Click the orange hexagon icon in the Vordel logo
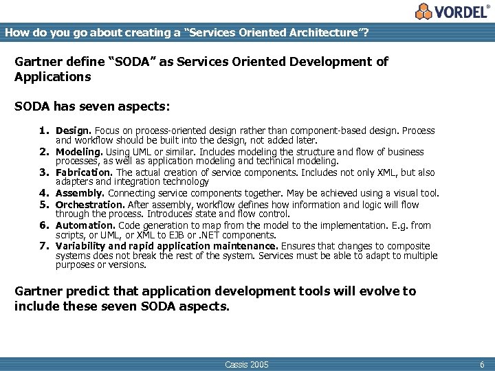(x=425, y=11)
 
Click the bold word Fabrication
(x=84, y=172)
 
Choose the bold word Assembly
(x=80, y=194)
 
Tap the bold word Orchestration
(x=89, y=205)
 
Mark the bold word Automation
(x=85, y=225)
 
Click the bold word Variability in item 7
(x=80, y=246)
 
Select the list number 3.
(x=43, y=172)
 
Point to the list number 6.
(x=43, y=225)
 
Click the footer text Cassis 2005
(x=247, y=364)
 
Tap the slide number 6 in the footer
(x=482, y=364)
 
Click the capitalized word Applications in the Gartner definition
(x=53, y=76)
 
